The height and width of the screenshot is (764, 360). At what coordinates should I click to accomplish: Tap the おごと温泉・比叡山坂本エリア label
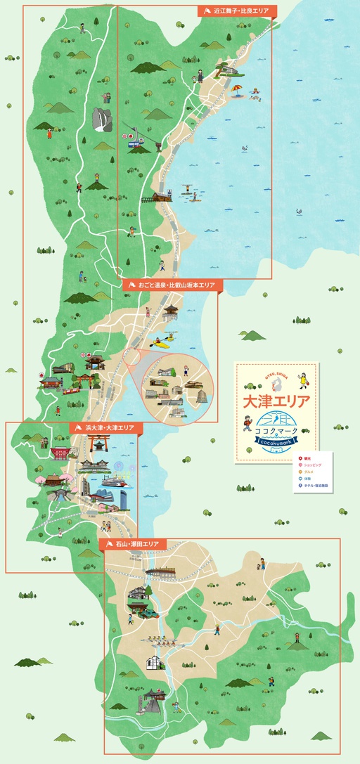coord(172,285)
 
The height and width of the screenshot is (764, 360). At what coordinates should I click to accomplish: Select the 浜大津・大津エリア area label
coord(105,427)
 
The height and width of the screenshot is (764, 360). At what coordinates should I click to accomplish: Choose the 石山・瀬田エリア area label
coord(136,544)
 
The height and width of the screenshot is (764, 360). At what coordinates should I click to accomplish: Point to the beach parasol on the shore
coord(237,90)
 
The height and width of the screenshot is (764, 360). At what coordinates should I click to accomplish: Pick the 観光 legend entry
coord(307,459)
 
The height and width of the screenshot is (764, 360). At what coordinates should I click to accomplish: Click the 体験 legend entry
coord(307,479)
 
